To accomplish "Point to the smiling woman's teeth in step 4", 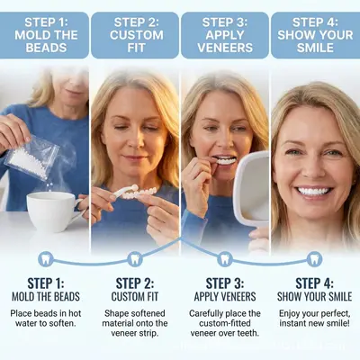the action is tap(313, 191).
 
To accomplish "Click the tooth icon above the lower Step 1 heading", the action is tap(46, 259).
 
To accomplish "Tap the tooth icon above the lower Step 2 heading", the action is tap(135, 259).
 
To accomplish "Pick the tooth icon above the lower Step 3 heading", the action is tap(225, 259).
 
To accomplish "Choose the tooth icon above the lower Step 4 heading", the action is tap(315, 259).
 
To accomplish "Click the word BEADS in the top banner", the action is tap(46, 48).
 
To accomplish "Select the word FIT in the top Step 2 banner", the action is tap(136, 48).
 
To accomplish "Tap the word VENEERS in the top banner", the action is tap(225, 48).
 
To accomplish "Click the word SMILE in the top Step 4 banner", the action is tap(315, 48).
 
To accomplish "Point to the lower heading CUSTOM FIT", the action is tap(135, 297).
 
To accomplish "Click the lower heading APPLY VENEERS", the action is tap(225, 297).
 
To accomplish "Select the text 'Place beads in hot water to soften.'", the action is tap(46, 319).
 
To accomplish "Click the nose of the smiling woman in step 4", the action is tap(311, 169).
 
